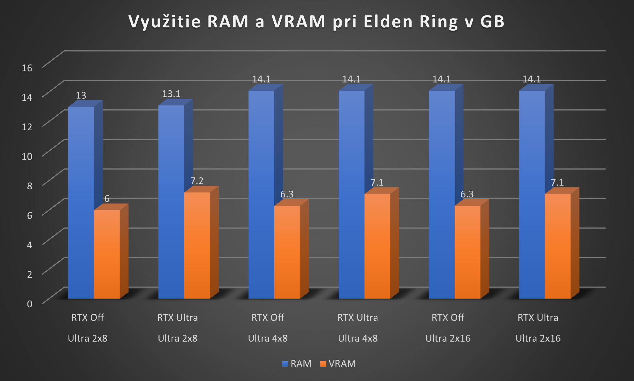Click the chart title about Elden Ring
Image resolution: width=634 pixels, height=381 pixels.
pyautogui.click(x=316, y=22)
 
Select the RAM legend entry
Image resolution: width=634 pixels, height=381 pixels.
pyautogui.click(x=297, y=364)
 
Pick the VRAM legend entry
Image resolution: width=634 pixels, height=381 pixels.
pyautogui.click(x=338, y=364)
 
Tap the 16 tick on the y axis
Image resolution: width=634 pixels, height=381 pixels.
pyautogui.click(x=27, y=68)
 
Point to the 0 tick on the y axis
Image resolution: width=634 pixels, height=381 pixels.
pyautogui.click(x=29, y=304)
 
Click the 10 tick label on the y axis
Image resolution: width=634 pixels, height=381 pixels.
pyautogui.click(x=27, y=156)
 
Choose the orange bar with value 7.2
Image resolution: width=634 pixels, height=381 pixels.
pyautogui.click(x=197, y=245)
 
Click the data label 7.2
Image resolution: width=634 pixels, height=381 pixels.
pyautogui.click(x=197, y=181)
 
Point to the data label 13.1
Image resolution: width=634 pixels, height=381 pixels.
pyautogui.click(x=171, y=94)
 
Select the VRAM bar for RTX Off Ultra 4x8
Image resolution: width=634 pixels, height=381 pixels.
pyautogui.click(x=287, y=252)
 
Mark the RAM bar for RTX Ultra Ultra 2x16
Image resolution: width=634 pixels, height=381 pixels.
pyautogui.click(x=532, y=195)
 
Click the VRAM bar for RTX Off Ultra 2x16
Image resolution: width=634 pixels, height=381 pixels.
pyautogui.click(x=467, y=252)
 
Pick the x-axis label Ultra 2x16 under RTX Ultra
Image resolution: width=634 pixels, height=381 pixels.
pyautogui.click(x=538, y=338)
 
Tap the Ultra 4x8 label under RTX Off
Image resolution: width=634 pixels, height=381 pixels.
pyautogui.click(x=268, y=338)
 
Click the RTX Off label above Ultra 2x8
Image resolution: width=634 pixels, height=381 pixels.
pyautogui.click(x=87, y=318)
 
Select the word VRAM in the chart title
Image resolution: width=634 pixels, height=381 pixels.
pyautogui.click(x=298, y=22)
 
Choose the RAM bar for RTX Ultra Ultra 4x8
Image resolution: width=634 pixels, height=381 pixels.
pyautogui.click(x=352, y=195)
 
